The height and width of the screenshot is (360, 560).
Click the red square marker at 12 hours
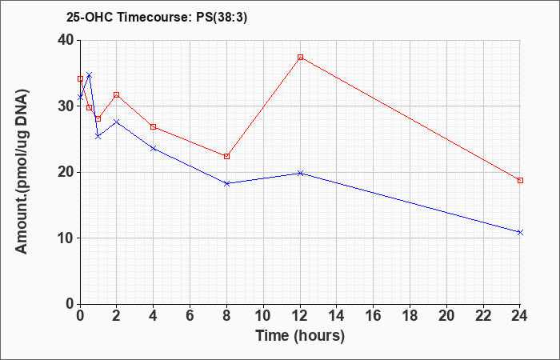pos(300,57)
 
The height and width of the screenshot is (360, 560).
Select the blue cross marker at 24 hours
pos(520,232)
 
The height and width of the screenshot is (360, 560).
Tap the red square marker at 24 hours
pos(520,180)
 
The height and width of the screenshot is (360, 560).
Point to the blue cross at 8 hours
pos(226,183)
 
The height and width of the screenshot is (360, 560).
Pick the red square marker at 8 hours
pos(226,156)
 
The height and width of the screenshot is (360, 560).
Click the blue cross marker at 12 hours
pos(300,174)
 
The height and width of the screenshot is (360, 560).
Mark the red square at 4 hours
pos(154,126)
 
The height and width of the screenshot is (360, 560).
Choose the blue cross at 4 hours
pos(154,148)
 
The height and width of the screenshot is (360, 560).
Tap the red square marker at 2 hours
pos(117,94)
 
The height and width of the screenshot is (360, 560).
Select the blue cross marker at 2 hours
pos(117,122)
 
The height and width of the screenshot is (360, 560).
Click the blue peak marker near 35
pos(90,74)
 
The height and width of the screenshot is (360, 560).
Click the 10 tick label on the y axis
pos(66,238)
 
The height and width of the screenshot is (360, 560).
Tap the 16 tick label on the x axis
pos(374,316)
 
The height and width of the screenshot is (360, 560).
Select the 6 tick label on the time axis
pos(190,316)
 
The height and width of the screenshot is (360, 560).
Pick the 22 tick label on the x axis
pos(483,316)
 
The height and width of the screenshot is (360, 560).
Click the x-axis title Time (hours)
pos(300,336)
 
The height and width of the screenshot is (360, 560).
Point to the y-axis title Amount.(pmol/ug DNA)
pos(22,172)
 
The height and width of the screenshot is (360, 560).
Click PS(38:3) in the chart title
pos(222,18)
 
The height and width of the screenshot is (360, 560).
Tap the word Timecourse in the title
pos(154,18)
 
